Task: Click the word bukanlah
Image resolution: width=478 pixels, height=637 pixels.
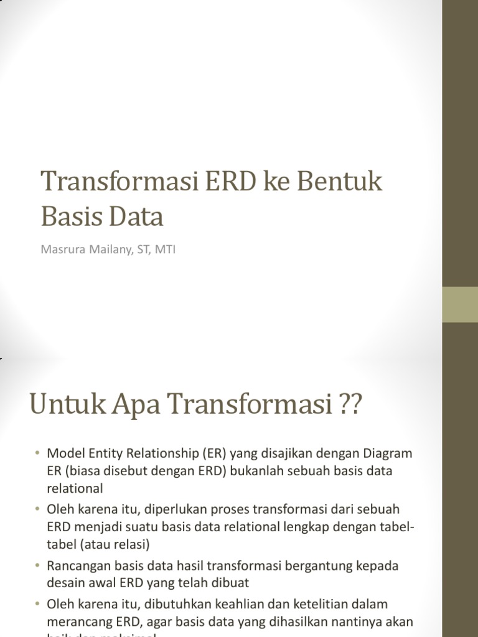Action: click(x=255, y=471)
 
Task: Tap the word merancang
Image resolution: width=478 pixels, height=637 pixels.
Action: click(x=75, y=622)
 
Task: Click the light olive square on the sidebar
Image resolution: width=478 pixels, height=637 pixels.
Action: click(x=460, y=305)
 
